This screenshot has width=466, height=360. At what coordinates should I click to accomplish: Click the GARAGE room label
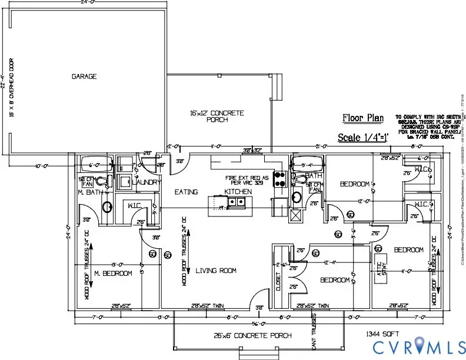coord(84,76)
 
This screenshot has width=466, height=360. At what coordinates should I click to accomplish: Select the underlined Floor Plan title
coord(363,118)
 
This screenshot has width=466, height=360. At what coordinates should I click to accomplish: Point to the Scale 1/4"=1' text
coord(361,138)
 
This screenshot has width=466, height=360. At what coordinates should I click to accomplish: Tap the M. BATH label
coord(92,192)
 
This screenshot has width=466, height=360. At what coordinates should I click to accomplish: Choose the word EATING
coord(187,192)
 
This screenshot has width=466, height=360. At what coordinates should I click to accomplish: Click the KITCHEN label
coord(238,192)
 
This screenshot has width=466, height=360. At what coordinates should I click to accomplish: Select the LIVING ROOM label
coord(216,271)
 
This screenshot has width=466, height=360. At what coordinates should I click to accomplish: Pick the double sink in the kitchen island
coord(238,202)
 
